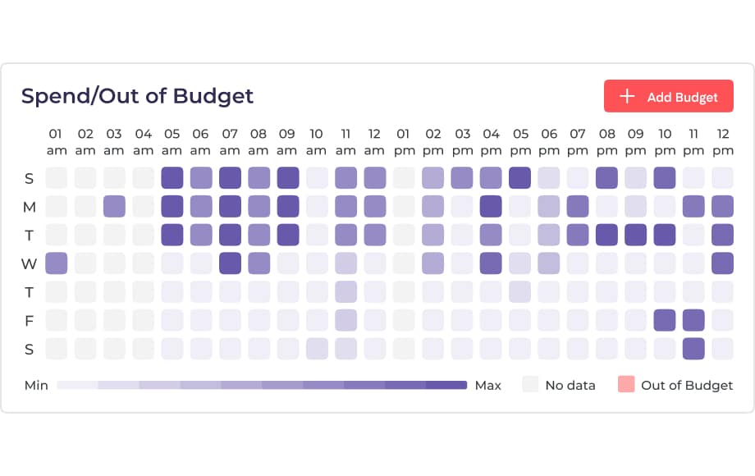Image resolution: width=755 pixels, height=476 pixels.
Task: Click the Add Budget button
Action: pos(668,97)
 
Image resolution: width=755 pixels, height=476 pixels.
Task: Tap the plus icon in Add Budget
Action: pos(627,97)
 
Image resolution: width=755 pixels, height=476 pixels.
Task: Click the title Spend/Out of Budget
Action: pos(137,96)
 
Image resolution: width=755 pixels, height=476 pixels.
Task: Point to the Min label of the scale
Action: pos(36,385)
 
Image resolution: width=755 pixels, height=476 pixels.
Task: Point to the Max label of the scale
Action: pos(488,385)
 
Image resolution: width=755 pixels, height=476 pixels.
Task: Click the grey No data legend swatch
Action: pos(531,385)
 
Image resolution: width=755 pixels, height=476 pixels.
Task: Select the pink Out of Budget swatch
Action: pos(626,385)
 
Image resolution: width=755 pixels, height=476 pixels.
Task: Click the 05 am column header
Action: pos(172,142)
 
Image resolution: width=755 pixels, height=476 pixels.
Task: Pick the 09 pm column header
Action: pos(635,142)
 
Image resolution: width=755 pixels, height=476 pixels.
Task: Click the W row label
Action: pos(29,263)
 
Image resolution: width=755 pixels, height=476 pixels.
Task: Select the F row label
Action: pos(29,320)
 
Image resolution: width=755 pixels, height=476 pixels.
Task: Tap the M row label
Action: pos(29,207)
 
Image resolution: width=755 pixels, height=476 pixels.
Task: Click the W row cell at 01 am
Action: pos(56,263)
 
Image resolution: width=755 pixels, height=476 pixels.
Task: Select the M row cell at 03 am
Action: pos(114,207)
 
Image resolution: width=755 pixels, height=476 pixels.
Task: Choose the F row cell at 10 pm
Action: pos(665,320)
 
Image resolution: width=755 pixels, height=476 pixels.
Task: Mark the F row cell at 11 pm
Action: pos(693,320)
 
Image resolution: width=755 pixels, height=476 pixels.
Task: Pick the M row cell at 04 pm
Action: pos(491,207)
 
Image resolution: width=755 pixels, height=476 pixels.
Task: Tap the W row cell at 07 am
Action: pos(230,263)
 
